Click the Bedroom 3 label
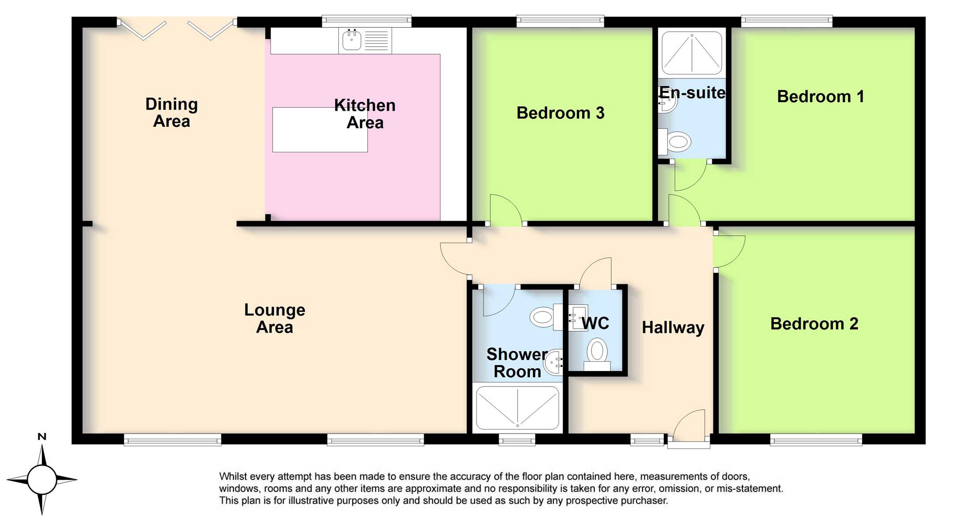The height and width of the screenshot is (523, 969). (560, 113)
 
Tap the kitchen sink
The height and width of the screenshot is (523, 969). (352, 41)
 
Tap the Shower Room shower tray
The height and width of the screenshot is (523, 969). (518, 408)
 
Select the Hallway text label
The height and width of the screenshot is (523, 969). (673, 328)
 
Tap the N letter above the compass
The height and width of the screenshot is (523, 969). (42, 437)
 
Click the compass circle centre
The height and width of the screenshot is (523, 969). (42, 479)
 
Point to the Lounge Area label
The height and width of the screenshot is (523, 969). (274, 319)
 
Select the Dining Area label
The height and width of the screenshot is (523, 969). (171, 113)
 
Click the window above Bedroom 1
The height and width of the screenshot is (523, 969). (786, 21)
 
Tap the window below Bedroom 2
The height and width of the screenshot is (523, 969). (816, 440)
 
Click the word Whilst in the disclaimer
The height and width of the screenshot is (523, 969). (234, 477)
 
